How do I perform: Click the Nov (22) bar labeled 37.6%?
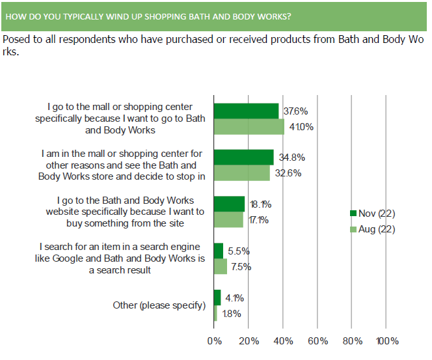pyautogui.click(x=246, y=111)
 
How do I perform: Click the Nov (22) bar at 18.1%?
pyautogui.click(x=229, y=204)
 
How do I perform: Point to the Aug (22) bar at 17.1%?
pyautogui.click(x=228, y=220)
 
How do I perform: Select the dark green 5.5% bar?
pyautogui.click(x=219, y=251)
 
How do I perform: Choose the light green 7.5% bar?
pyautogui.click(x=220, y=266)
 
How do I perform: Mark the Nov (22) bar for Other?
pyautogui.click(x=217, y=298)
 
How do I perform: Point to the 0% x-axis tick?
pyautogui.click(x=214, y=341)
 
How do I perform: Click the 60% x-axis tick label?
pyautogui.click(x=317, y=341)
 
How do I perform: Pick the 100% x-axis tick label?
pyautogui.click(x=387, y=341)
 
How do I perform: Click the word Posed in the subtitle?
pyautogui.click(x=16, y=40)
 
